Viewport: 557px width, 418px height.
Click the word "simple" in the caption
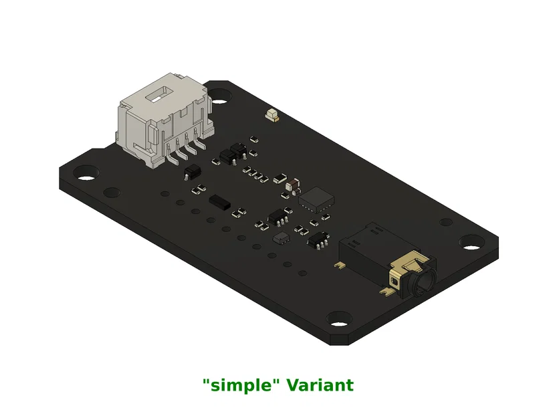tap(240, 385)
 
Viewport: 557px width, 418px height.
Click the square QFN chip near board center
tap(317, 199)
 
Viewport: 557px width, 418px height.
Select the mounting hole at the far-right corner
tap(472, 242)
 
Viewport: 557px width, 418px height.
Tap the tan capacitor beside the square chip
tap(292, 181)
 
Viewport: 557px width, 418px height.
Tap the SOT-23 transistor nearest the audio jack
tap(319, 239)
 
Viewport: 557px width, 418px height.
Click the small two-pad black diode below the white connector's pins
tap(191, 173)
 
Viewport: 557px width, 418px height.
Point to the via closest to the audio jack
tap(303, 272)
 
